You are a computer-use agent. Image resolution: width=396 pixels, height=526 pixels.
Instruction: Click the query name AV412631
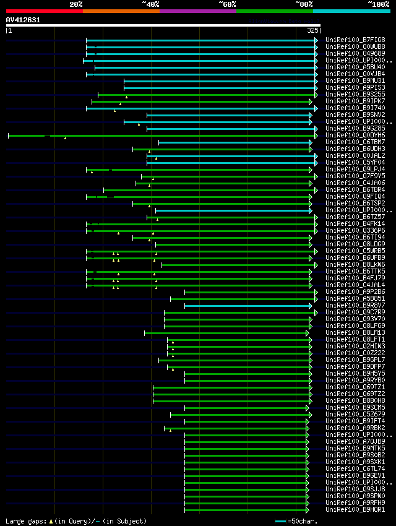coord(23,20)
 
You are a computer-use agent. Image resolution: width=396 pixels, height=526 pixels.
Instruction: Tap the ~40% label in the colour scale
coord(150,4)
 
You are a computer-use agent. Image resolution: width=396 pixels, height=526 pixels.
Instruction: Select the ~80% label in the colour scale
coord(304,4)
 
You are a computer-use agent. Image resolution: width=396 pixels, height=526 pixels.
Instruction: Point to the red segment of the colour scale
coord(44,11)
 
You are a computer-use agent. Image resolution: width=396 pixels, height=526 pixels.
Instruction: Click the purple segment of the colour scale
coord(197,11)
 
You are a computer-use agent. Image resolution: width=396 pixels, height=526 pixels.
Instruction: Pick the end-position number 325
coord(312,30)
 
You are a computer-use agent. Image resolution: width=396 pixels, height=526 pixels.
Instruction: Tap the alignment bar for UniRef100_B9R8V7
coord(247,306)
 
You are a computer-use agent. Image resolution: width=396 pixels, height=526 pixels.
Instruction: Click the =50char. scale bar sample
coord(281,521)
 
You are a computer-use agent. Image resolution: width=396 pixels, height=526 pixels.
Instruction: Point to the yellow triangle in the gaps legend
coord(51,521)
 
